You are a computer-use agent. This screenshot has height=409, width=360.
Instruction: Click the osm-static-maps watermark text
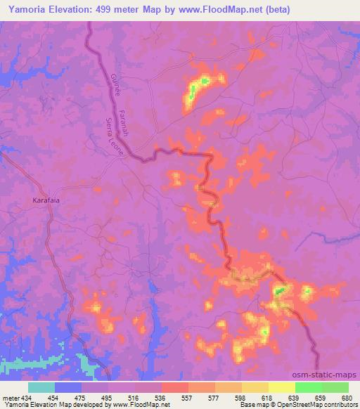[x=330, y=374]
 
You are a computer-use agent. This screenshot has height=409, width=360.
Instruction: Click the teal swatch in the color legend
[x=41, y=387]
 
